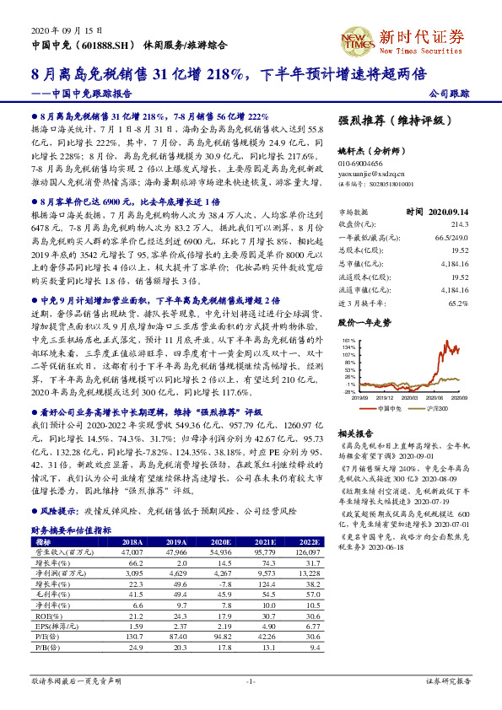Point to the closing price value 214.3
pos(459,225)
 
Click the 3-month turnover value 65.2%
pos(458,301)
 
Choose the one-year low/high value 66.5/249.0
pos(451,238)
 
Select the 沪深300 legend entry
pos(437,407)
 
